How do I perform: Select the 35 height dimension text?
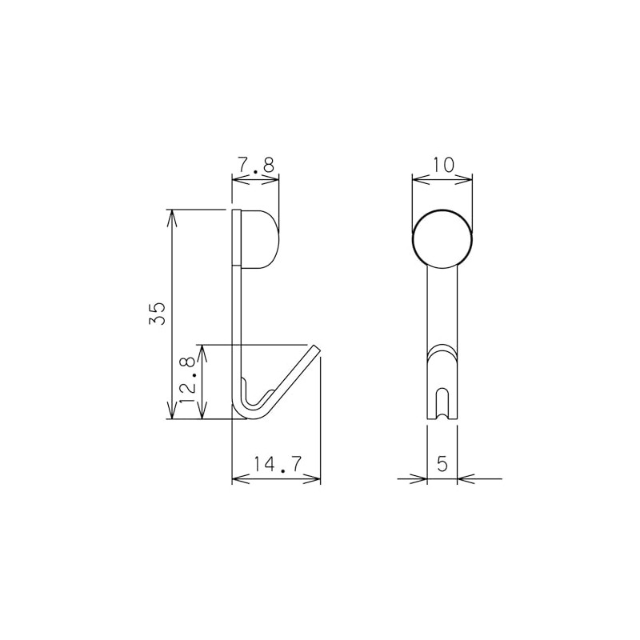click(x=158, y=313)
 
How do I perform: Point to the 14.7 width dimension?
click(x=276, y=464)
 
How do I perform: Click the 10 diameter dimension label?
click(x=442, y=165)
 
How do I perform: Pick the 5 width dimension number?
click(x=442, y=463)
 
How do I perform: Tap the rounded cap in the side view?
click(x=262, y=238)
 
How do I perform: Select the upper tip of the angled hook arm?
click(x=315, y=349)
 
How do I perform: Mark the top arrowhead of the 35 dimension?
click(x=170, y=214)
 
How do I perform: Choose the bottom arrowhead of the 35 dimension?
click(x=170, y=414)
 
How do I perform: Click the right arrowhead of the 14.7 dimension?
click(x=315, y=479)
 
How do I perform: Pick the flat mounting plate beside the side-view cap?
click(x=237, y=238)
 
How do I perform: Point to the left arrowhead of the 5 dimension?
click(x=421, y=479)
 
